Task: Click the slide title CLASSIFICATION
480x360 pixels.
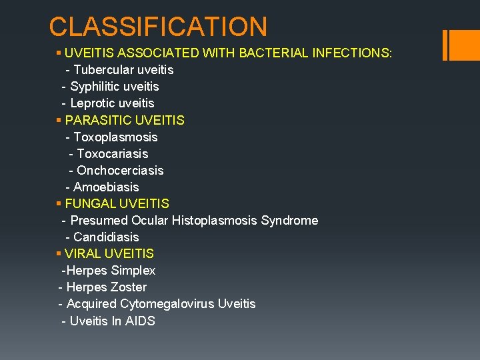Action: [x=158, y=27]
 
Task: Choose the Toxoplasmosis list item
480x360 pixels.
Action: [x=115, y=137]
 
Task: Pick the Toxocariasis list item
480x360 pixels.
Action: [x=113, y=153]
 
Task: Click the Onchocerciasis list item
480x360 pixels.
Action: [x=120, y=170]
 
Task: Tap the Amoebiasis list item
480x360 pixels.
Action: [x=106, y=187]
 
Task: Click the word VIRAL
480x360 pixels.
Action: [x=83, y=253]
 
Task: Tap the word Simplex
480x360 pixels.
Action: [x=133, y=270]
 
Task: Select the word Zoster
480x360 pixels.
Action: [x=130, y=287]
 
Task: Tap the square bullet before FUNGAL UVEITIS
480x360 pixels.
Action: [x=59, y=203]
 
